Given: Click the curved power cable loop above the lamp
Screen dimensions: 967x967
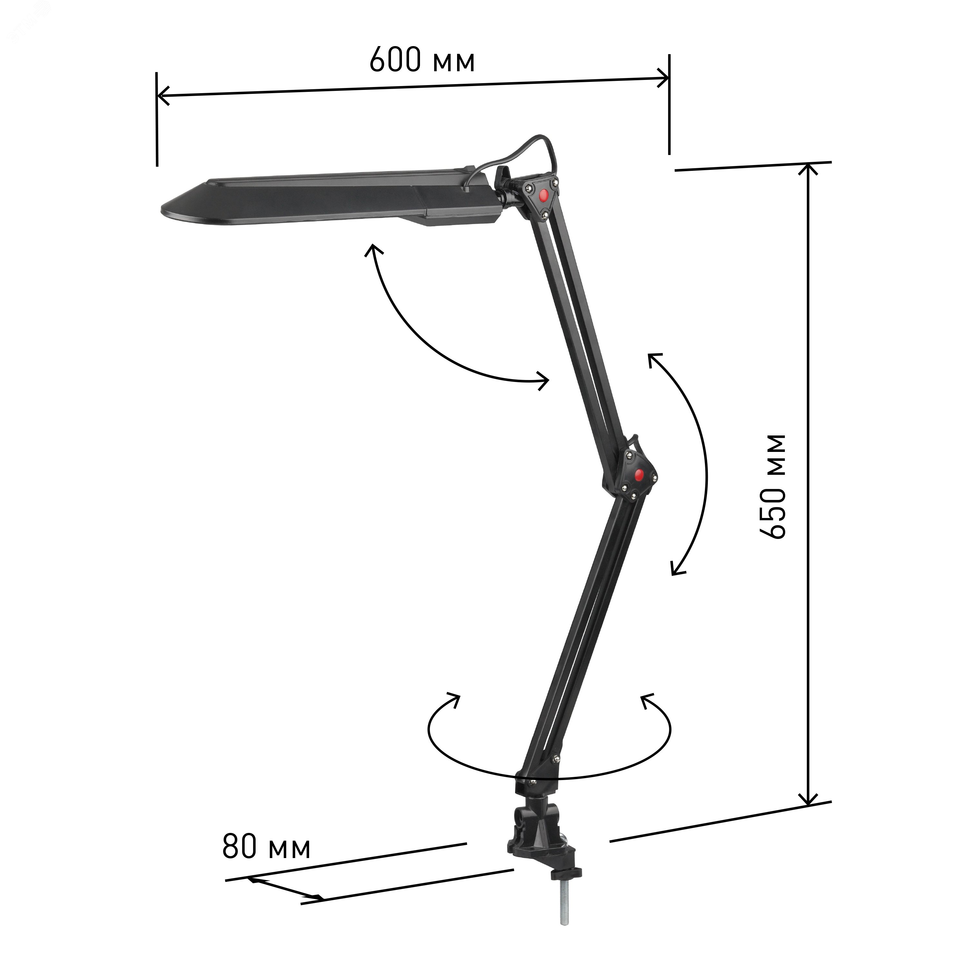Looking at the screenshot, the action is (527, 153).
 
